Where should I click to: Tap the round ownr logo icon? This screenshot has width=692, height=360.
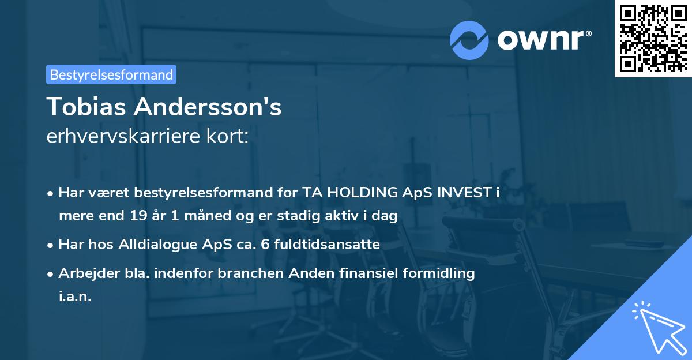coord(469,40)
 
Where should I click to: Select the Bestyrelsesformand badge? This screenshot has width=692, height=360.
coord(111,74)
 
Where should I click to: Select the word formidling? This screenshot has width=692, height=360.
coord(441,273)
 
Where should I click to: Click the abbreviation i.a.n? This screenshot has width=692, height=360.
coord(75,297)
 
